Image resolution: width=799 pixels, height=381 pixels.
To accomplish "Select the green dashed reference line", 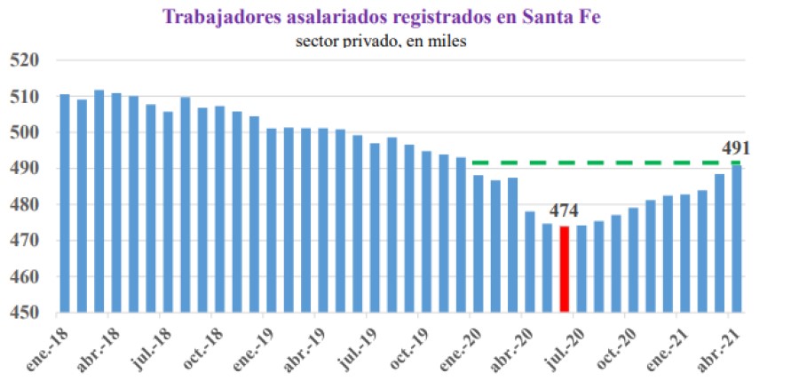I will point(604,163).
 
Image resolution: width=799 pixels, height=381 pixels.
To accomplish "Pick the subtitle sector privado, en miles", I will point(381,40).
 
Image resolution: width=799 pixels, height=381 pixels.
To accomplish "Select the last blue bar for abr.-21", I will point(737,240).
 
